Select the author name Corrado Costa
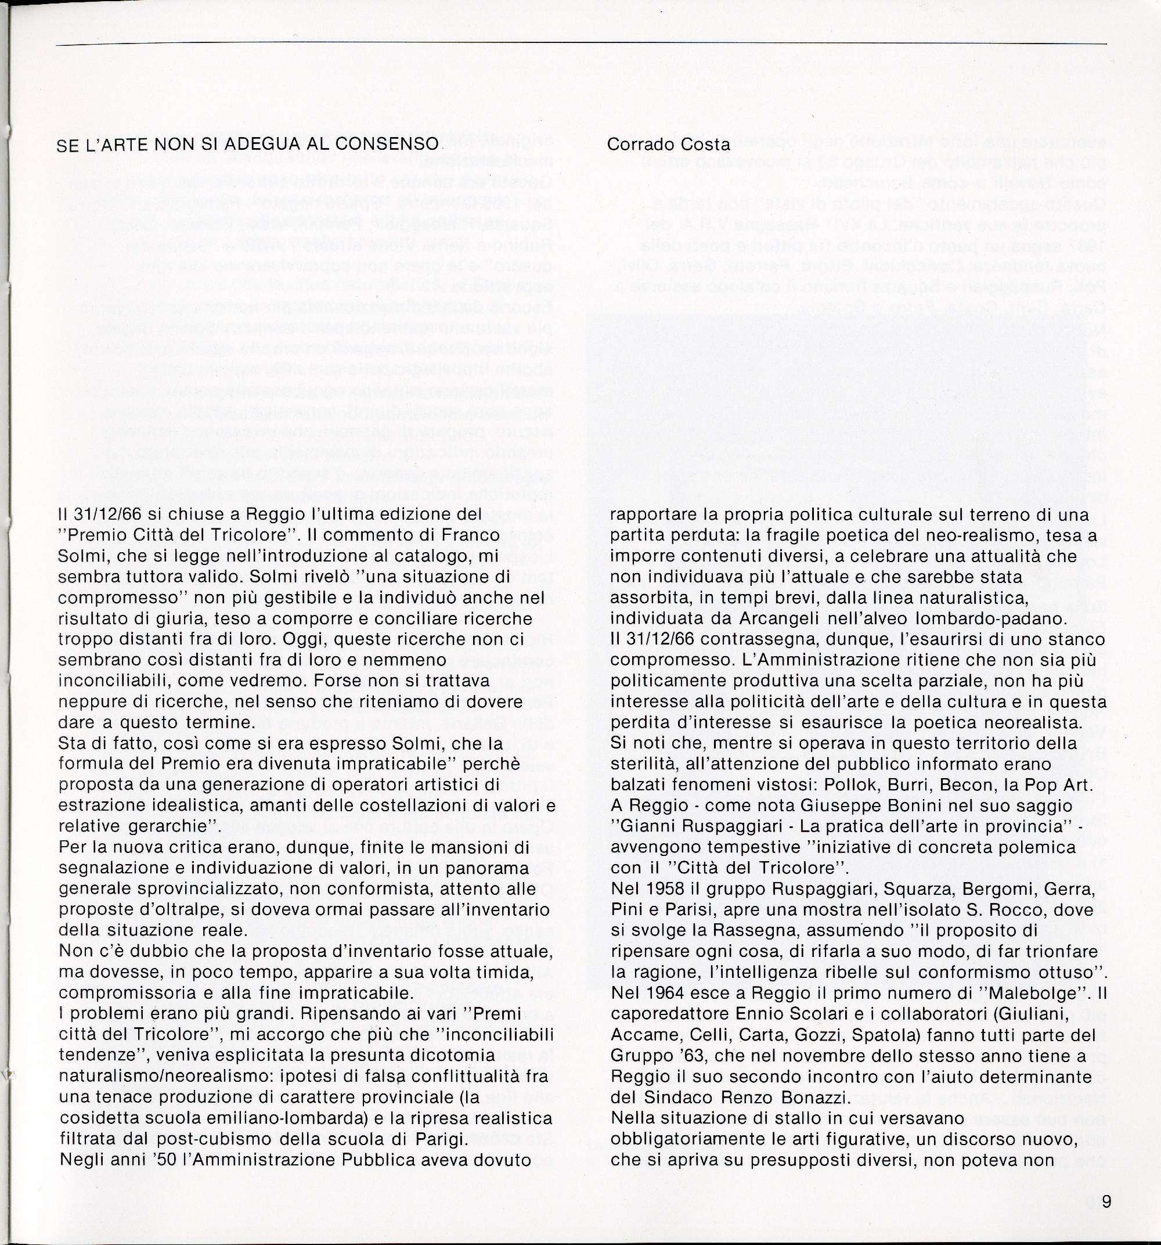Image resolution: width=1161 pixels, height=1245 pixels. point(668,144)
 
